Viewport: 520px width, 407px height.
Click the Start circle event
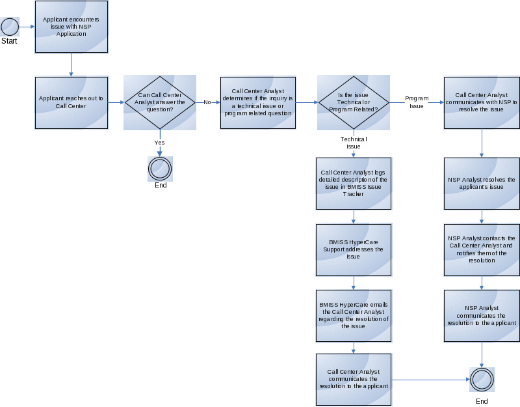point(10,27)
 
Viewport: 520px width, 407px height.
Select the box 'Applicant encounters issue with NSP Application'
point(71,27)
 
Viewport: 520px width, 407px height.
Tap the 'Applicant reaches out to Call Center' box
point(71,102)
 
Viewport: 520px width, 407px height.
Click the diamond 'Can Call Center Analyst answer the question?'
point(160,102)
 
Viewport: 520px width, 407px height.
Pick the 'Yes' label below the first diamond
point(159,142)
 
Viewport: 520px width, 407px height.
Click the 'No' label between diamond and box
point(207,102)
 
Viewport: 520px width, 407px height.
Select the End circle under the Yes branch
point(160,169)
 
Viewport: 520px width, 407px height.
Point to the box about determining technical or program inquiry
point(258,102)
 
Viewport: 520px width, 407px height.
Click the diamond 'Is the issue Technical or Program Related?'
point(353,102)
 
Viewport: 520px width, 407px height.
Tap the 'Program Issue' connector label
point(416,102)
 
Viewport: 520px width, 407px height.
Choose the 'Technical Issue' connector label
point(353,143)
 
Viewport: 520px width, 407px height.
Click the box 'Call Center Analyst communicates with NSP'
point(482,102)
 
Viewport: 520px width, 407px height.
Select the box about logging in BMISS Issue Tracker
point(354,184)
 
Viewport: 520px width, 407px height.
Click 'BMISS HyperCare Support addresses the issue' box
point(354,249)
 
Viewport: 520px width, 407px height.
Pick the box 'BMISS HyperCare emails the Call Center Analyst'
point(354,316)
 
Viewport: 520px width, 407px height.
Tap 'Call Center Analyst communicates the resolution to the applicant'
point(354,379)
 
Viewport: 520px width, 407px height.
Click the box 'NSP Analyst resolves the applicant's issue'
point(482,183)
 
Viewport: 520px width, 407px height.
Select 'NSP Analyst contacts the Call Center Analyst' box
point(482,249)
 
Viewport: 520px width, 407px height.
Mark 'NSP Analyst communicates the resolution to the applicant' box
point(482,316)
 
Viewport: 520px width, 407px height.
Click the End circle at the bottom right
point(482,379)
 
